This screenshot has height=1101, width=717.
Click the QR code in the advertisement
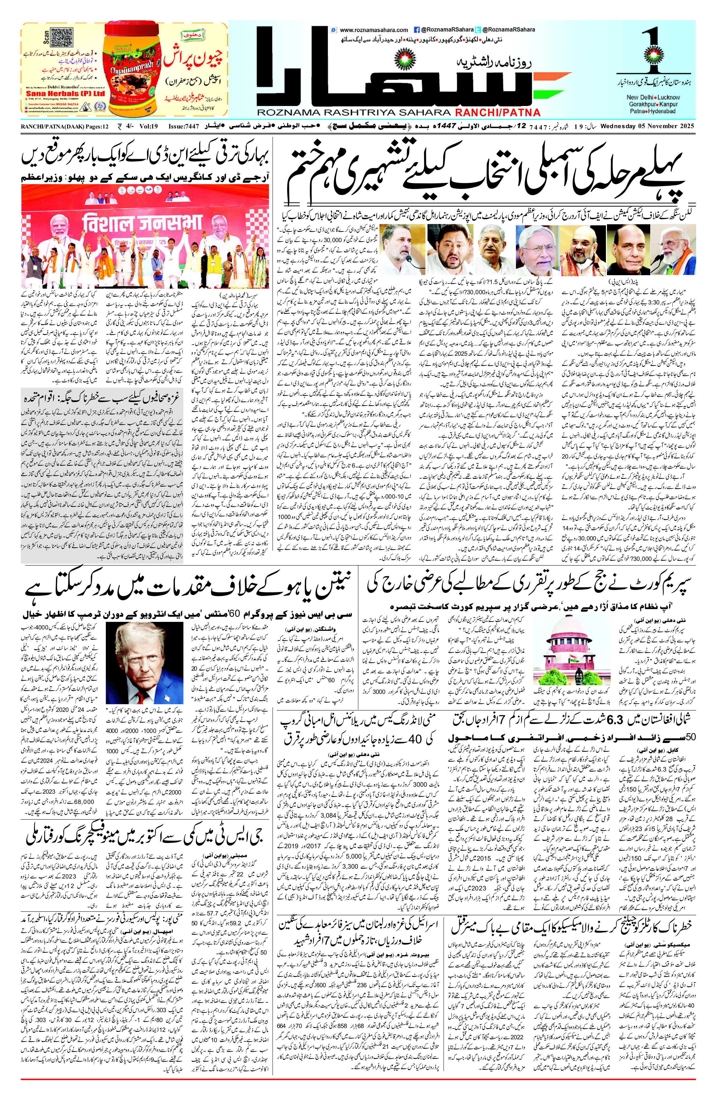pos(61,37)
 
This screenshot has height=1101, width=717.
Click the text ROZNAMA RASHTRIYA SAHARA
pos(354,112)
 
